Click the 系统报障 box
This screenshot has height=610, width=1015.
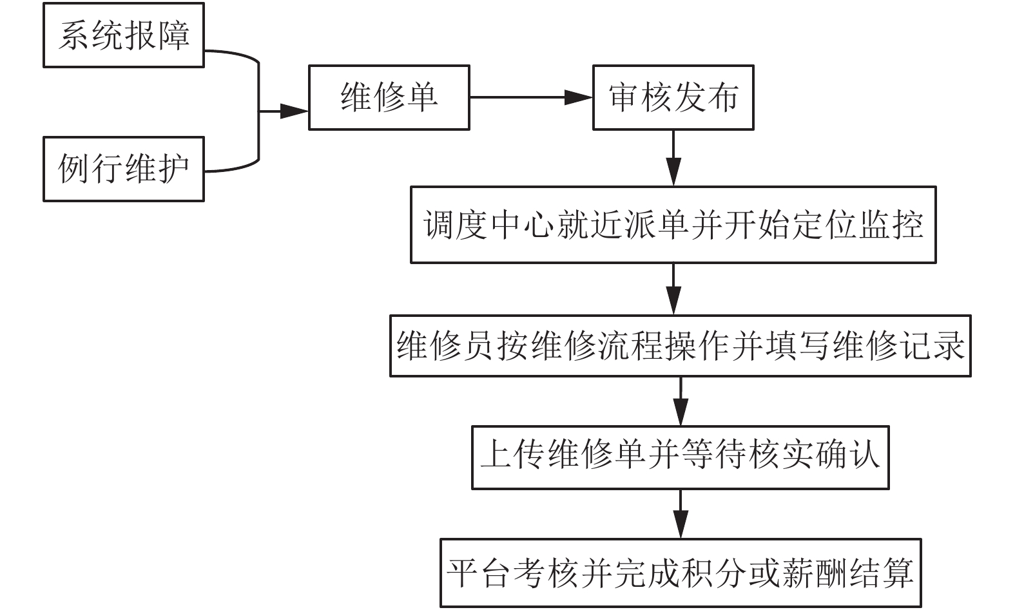pyautogui.click(x=124, y=35)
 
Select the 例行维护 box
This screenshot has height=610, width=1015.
pyautogui.click(x=124, y=169)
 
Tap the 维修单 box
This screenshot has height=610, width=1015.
pyautogui.click(x=389, y=97)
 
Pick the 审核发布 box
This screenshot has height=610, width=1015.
pyautogui.click(x=673, y=97)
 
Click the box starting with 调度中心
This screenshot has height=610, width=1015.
pyautogui.click(x=673, y=225)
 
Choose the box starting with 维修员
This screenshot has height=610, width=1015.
pyautogui.click(x=681, y=346)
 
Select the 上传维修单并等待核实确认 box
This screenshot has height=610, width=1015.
pyautogui.click(x=681, y=457)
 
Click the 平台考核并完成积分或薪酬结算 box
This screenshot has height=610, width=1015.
pyautogui.click(x=681, y=573)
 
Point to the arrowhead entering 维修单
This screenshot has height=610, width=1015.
pyautogui.click(x=294, y=111)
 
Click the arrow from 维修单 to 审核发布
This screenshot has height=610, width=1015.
pyautogui.click(x=531, y=97)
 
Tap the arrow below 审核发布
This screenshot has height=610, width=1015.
pyautogui.click(x=673, y=158)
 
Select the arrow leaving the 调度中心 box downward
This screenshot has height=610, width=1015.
pyautogui.click(x=673, y=289)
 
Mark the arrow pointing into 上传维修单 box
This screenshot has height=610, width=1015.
pyautogui.click(x=681, y=401)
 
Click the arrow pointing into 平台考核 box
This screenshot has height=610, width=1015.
pyautogui.click(x=681, y=513)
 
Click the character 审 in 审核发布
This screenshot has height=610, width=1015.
pyautogui.click(x=624, y=97)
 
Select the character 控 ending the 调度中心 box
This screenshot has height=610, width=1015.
pyautogui.click(x=907, y=225)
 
